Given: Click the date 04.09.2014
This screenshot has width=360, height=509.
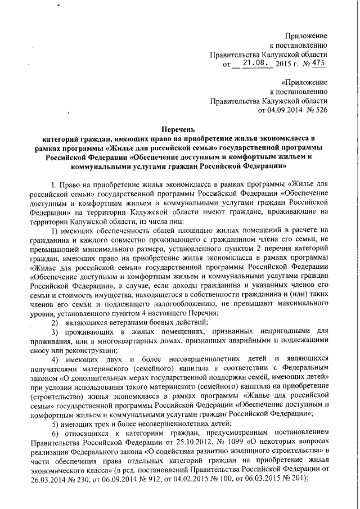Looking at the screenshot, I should [x=280, y=111].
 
